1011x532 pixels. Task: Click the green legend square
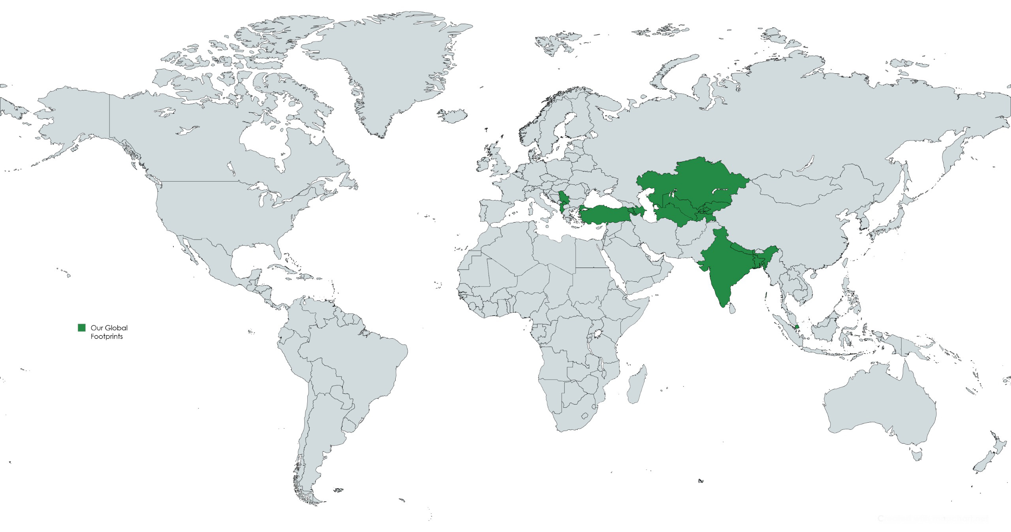82,328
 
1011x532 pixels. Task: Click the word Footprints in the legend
107,337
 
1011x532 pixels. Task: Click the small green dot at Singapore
797,327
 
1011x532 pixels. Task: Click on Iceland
453,115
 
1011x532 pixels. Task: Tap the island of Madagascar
637,385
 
